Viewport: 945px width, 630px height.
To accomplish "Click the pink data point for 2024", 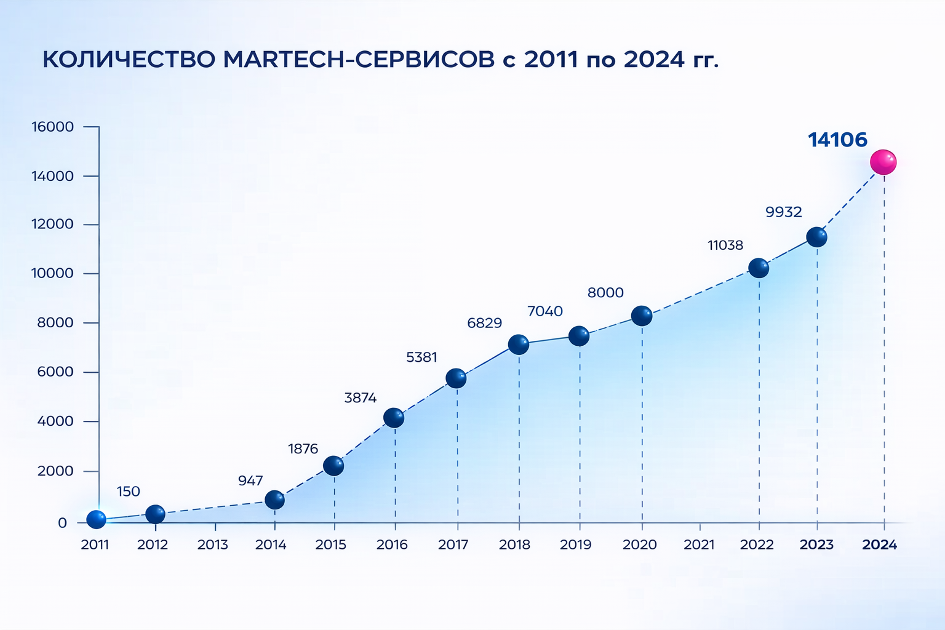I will (883, 162).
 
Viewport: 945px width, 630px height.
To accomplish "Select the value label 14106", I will (837, 140).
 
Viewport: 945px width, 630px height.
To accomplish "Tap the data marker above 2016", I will (394, 418).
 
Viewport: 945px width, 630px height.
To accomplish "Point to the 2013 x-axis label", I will (212, 544).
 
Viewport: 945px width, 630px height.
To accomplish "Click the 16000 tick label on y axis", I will (53, 127).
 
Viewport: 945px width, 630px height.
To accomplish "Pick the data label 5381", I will (421, 357).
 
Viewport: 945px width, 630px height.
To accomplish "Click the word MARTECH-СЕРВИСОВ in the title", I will (358, 60).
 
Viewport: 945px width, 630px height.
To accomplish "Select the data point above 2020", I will (642, 316).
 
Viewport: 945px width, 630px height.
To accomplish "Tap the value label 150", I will (128, 492).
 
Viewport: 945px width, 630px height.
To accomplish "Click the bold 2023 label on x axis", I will (816, 544).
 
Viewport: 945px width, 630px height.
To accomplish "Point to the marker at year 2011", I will (96, 520).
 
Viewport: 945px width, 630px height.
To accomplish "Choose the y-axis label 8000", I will (55, 323).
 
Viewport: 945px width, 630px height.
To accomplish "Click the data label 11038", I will (725, 245).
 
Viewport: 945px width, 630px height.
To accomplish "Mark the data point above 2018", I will (519, 345).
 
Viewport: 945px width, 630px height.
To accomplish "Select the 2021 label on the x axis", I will (700, 544).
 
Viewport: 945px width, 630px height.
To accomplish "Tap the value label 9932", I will (783, 212).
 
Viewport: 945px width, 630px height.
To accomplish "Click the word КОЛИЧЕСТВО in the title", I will (129, 60).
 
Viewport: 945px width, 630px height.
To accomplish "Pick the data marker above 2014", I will (274, 500).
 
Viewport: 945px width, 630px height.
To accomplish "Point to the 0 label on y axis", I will (62, 523).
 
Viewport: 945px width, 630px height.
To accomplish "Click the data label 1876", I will (303, 449).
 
